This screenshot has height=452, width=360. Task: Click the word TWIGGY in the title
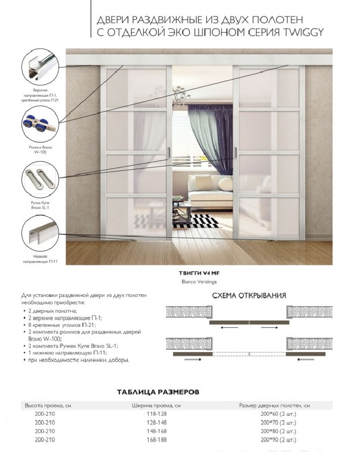(x=301, y=32)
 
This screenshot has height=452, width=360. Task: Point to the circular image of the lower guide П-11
(x=40, y=234)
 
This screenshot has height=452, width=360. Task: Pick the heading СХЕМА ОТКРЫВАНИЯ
(x=249, y=296)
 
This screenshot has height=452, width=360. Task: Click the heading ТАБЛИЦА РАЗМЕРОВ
(x=158, y=392)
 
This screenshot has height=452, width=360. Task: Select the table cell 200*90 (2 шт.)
(x=278, y=440)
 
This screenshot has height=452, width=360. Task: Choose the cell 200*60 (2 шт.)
(x=278, y=414)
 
